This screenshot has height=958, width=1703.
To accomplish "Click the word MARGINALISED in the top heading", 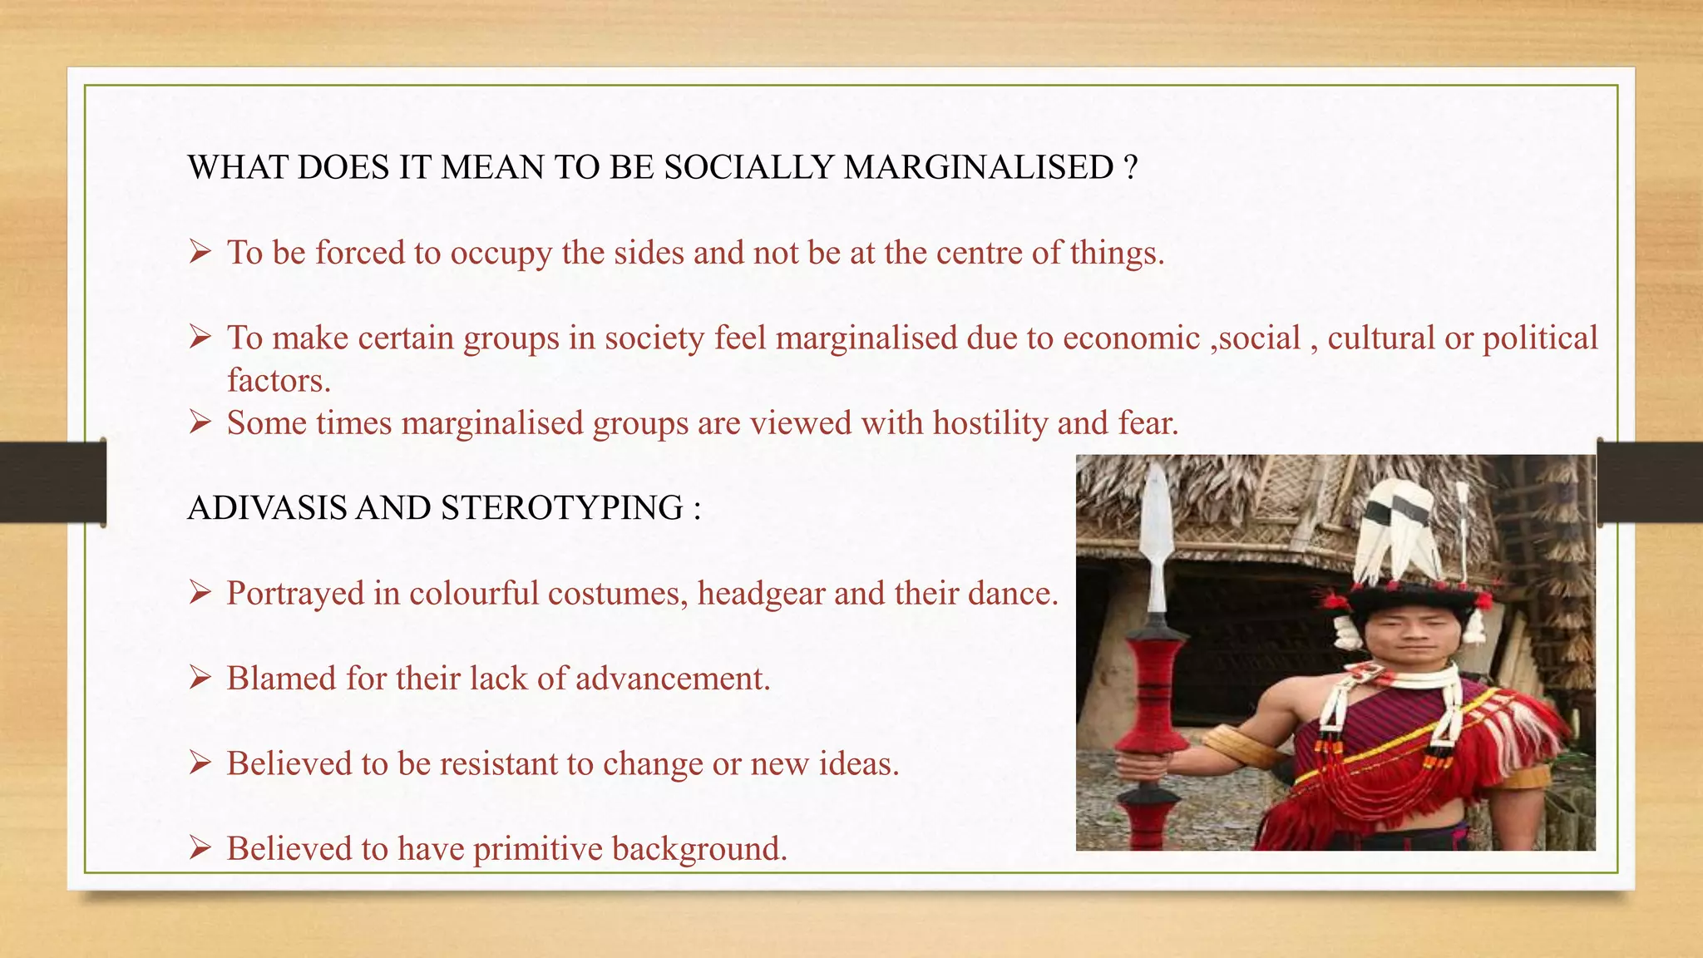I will click(978, 168).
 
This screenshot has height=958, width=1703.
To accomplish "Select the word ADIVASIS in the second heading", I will click(267, 508).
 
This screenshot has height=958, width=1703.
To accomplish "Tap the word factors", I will click(279, 381).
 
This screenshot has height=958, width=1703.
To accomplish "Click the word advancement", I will click(673, 679).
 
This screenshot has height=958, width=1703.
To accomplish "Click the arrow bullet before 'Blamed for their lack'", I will click(200, 678).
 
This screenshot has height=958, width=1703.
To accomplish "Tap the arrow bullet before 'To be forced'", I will click(200, 251).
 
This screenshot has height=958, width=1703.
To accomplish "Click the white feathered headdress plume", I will click(1397, 532).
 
